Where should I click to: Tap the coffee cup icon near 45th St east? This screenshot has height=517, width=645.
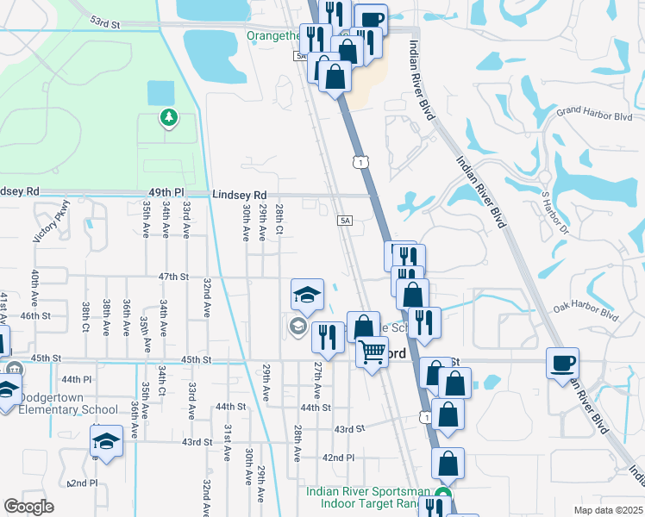click(562, 362)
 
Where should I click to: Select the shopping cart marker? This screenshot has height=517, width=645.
click(372, 351)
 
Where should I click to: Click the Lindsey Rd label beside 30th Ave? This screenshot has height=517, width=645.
click(239, 196)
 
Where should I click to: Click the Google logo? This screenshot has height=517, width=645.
click(28, 506)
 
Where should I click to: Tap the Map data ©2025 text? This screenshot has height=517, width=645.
click(607, 510)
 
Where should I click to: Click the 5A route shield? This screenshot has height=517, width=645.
click(346, 221)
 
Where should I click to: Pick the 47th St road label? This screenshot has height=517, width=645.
click(173, 277)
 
